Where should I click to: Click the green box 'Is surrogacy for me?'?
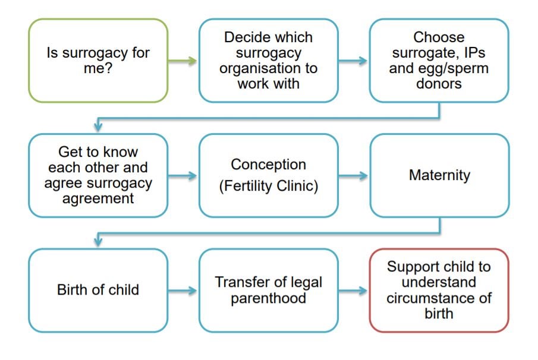[x=98, y=61]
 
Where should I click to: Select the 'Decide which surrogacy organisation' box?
[x=268, y=61]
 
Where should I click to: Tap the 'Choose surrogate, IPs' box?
[x=439, y=61]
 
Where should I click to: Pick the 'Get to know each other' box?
[x=98, y=175]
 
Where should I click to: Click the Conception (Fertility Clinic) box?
[x=268, y=175]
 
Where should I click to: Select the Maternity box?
[x=439, y=175]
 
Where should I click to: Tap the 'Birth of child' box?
[x=98, y=290]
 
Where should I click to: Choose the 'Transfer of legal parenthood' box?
[x=268, y=290]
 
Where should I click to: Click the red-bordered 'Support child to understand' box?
[x=439, y=290]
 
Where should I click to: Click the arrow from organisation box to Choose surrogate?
[x=354, y=61]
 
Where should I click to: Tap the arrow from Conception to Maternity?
[x=354, y=176]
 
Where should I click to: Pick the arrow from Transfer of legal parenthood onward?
[x=354, y=290]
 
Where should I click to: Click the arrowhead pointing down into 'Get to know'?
[x=99, y=127]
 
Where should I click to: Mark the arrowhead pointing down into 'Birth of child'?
[x=99, y=242]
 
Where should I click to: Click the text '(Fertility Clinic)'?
[x=268, y=186]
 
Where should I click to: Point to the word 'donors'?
[x=439, y=84]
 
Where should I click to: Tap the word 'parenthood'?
[x=268, y=298]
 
